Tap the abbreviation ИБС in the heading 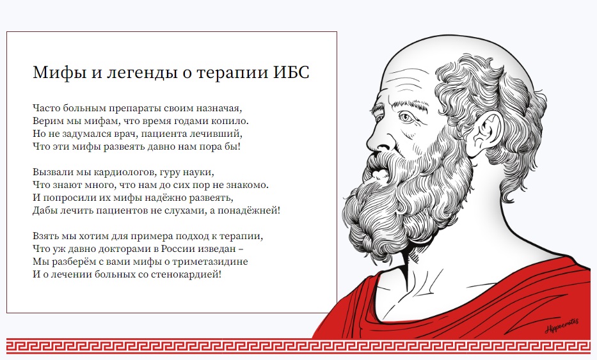click(x=291, y=72)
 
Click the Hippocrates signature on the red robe click(x=562, y=326)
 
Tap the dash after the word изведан click(x=241, y=249)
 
